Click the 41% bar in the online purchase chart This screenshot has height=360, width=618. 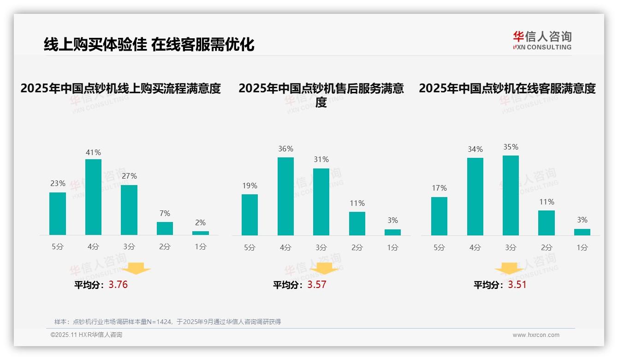[x=93, y=197]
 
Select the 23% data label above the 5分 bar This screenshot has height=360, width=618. [x=58, y=183]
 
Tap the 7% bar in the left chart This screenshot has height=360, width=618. [x=165, y=228]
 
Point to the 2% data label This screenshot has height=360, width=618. [x=200, y=222]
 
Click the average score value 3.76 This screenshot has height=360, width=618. [x=118, y=285]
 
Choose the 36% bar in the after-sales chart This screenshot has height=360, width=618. [x=285, y=196]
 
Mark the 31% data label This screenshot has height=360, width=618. [x=321, y=159]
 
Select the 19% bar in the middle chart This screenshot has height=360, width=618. [x=250, y=215]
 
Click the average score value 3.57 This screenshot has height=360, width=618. [x=316, y=285]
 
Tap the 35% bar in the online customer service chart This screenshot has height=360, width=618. [x=511, y=195]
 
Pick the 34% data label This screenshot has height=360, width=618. [x=475, y=149]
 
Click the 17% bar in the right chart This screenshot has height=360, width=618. [x=439, y=216]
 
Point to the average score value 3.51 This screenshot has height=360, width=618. [x=517, y=285]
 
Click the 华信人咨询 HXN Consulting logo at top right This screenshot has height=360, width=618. [x=542, y=40]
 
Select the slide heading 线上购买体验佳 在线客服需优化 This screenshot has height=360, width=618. [x=149, y=44]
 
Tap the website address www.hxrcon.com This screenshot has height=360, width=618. [x=536, y=335]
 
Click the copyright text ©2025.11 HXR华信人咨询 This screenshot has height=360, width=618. [x=86, y=335]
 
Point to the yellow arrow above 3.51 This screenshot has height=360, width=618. [x=509, y=270]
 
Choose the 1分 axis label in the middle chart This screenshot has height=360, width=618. [x=392, y=248]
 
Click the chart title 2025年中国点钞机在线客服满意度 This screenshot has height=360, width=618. [x=507, y=88]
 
